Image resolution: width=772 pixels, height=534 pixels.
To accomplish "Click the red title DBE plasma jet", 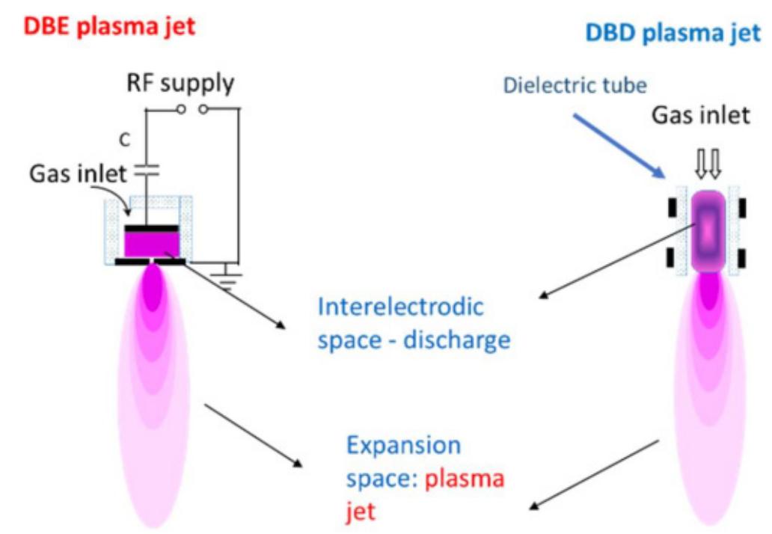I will click(x=109, y=27).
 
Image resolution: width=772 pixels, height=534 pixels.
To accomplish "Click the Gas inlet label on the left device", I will click(x=79, y=174).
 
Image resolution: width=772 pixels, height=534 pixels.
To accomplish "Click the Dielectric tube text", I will click(x=575, y=85).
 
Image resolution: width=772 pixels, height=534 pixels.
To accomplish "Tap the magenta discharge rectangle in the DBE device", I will click(x=151, y=242).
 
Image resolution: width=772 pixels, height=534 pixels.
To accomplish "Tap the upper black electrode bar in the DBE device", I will click(x=151, y=227).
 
